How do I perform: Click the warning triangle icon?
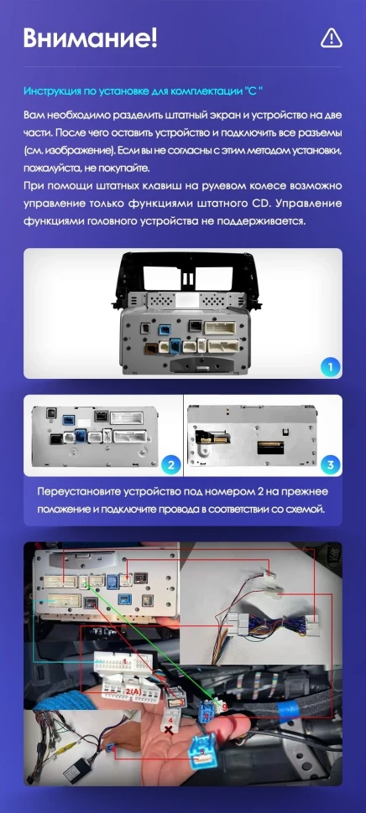(x=332, y=38)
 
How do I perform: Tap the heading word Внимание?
(x=90, y=39)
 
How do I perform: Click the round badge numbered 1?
(x=329, y=368)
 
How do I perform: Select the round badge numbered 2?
(x=170, y=464)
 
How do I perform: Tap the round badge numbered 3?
(x=330, y=464)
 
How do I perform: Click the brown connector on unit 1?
(x=153, y=349)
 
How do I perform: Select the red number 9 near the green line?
(x=225, y=707)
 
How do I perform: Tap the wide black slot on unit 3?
(x=270, y=447)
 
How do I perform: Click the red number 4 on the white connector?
(x=170, y=720)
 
